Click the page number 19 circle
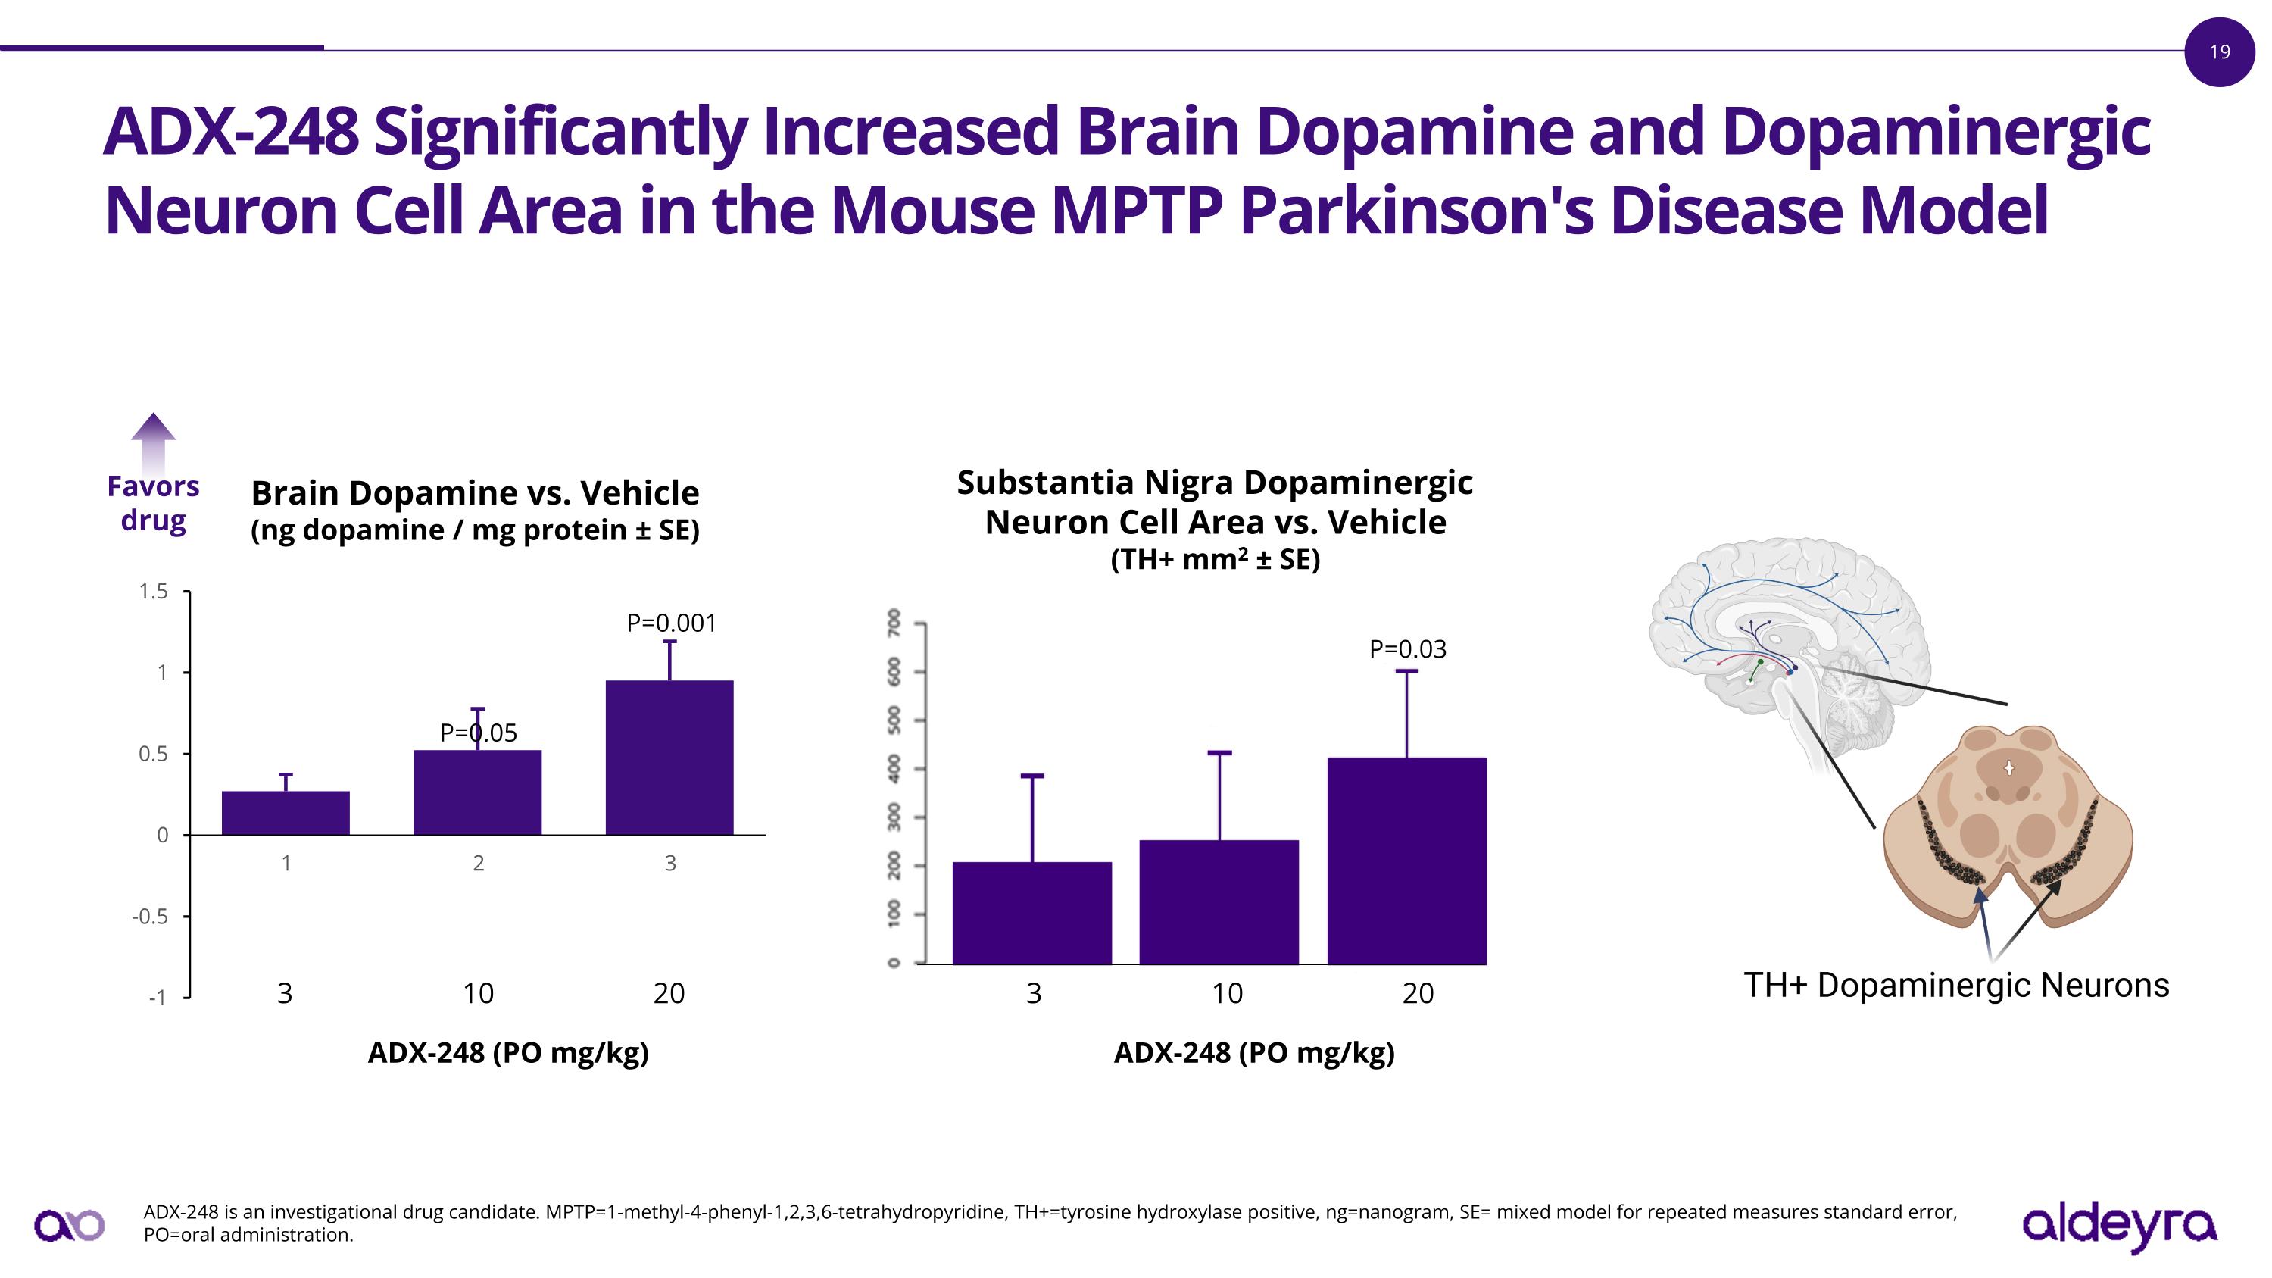click(2219, 52)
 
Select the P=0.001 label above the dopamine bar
click(671, 623)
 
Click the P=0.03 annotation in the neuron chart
click(1408, 649)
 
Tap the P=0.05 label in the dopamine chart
click(478, 733)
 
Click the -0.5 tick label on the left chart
click(150, 917)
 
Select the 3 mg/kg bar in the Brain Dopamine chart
click(286, 812)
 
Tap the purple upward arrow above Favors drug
click(154, 442)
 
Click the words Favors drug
click(154, 503)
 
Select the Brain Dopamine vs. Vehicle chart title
click(475, 493)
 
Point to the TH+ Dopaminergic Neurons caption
click(1956, 985)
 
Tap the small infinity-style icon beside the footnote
click(70, 1224)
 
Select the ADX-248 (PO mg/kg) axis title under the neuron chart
click(1254, 1052)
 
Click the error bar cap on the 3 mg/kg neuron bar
click(1032, 776)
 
